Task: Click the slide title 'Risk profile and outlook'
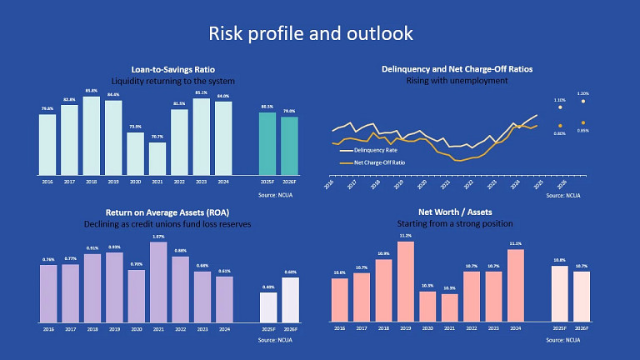click(310, 33)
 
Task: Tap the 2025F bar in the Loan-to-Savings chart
click(267, 143)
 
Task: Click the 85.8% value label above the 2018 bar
click(92, 89)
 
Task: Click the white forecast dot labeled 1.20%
click(582, 102)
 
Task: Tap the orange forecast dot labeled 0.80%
click(560, 125)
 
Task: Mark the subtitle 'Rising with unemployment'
click(456, 81)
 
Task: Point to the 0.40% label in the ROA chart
click(267, 287)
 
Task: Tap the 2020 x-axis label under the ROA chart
click(136, 329)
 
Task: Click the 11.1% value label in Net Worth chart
click(516, 244)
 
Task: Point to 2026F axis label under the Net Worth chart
click(581, 329)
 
